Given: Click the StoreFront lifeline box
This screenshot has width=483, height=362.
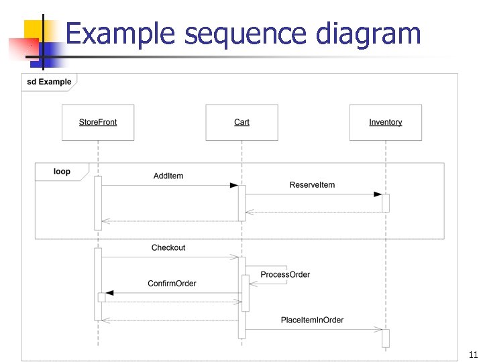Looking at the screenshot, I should (x=98, y=122).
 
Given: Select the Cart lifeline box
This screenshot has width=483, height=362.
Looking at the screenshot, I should (x=241, y=122).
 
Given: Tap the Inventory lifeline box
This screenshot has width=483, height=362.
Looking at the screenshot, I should (x=386, y=122).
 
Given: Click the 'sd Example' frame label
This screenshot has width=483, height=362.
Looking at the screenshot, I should (x=49, y=82).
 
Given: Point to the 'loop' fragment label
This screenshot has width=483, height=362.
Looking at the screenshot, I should (x=62, y=172).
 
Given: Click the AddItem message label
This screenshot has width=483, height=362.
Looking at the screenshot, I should (x=168, y=176).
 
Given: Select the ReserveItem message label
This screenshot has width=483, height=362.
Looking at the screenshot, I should (x=312, y=185).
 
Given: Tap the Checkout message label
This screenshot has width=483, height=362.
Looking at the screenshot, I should (x=168, y=248).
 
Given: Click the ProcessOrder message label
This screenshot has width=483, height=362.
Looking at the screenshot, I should (x=285, y=275).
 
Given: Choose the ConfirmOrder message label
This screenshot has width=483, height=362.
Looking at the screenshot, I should (x=172, y=284).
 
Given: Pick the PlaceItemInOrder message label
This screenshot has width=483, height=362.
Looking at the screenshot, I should (x=312, y=320).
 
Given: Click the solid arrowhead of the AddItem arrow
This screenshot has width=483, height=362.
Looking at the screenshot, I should (x=233, y=185).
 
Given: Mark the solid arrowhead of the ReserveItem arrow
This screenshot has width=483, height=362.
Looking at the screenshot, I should (x=378, y=194).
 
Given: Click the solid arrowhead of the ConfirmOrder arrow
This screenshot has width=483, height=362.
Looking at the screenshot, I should (x=110, y=293).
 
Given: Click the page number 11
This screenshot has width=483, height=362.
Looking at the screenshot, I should (x=472, y=355).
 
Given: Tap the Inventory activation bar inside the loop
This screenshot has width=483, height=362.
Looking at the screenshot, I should (x=386, y=203).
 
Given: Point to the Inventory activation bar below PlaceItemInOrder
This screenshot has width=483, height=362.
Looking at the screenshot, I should (x=386, y=338).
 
